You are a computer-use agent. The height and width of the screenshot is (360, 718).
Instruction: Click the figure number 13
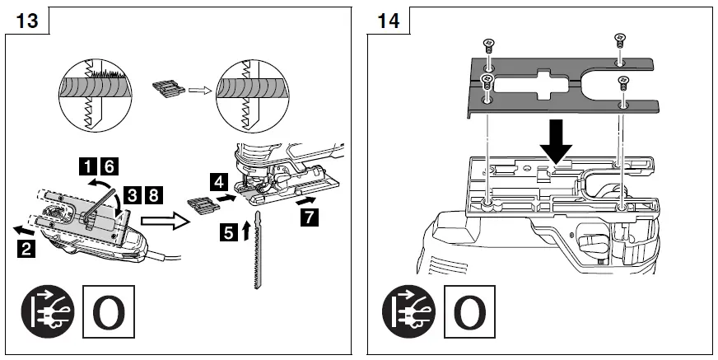click(27, 20)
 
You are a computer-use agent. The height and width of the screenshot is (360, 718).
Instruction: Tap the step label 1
click(84, 165)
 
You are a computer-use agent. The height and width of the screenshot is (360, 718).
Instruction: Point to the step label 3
click(135, 196)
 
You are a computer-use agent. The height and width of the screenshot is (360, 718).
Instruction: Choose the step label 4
click(216, 179)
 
